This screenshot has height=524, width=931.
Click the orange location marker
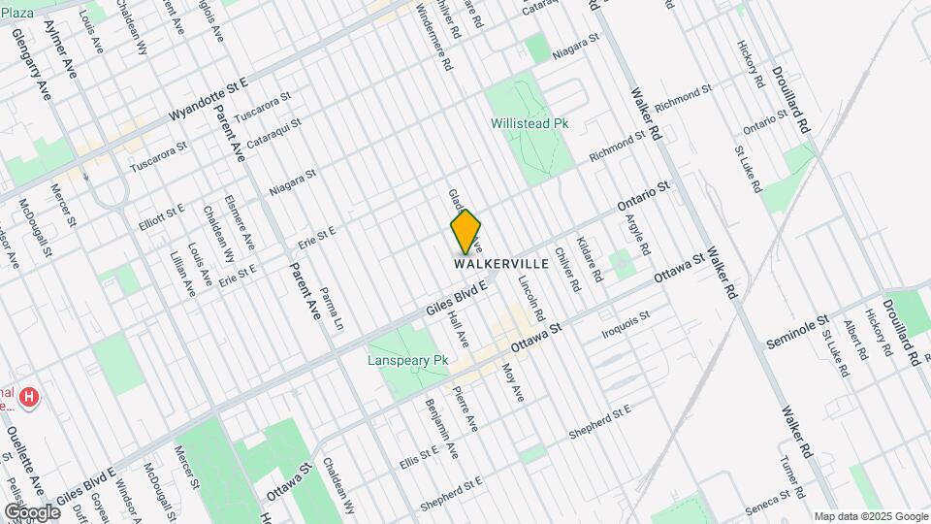[466, 231]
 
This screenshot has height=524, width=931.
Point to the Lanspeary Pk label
[407, 360]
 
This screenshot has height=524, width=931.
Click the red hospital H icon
[30, 397]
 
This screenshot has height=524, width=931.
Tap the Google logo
[32, 511]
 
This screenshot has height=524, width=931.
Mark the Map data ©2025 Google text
[870, 516]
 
